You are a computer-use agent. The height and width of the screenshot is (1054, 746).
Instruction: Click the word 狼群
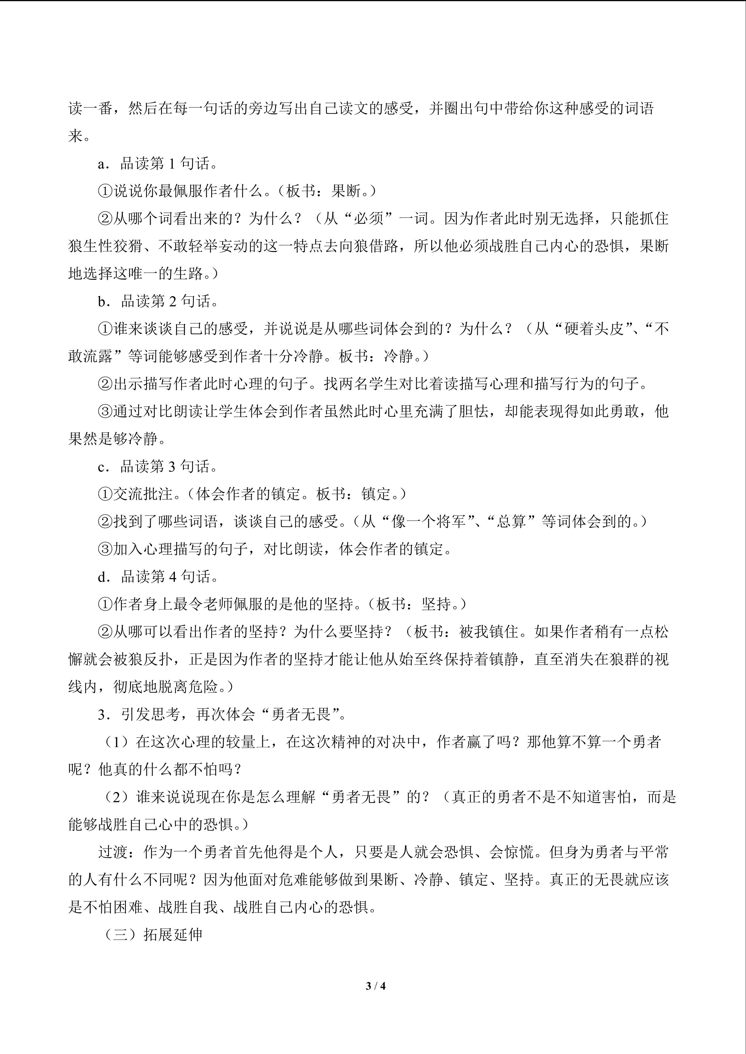pos(624,659)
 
